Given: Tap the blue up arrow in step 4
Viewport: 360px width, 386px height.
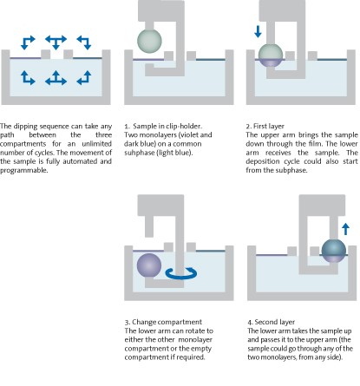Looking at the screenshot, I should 344,228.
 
